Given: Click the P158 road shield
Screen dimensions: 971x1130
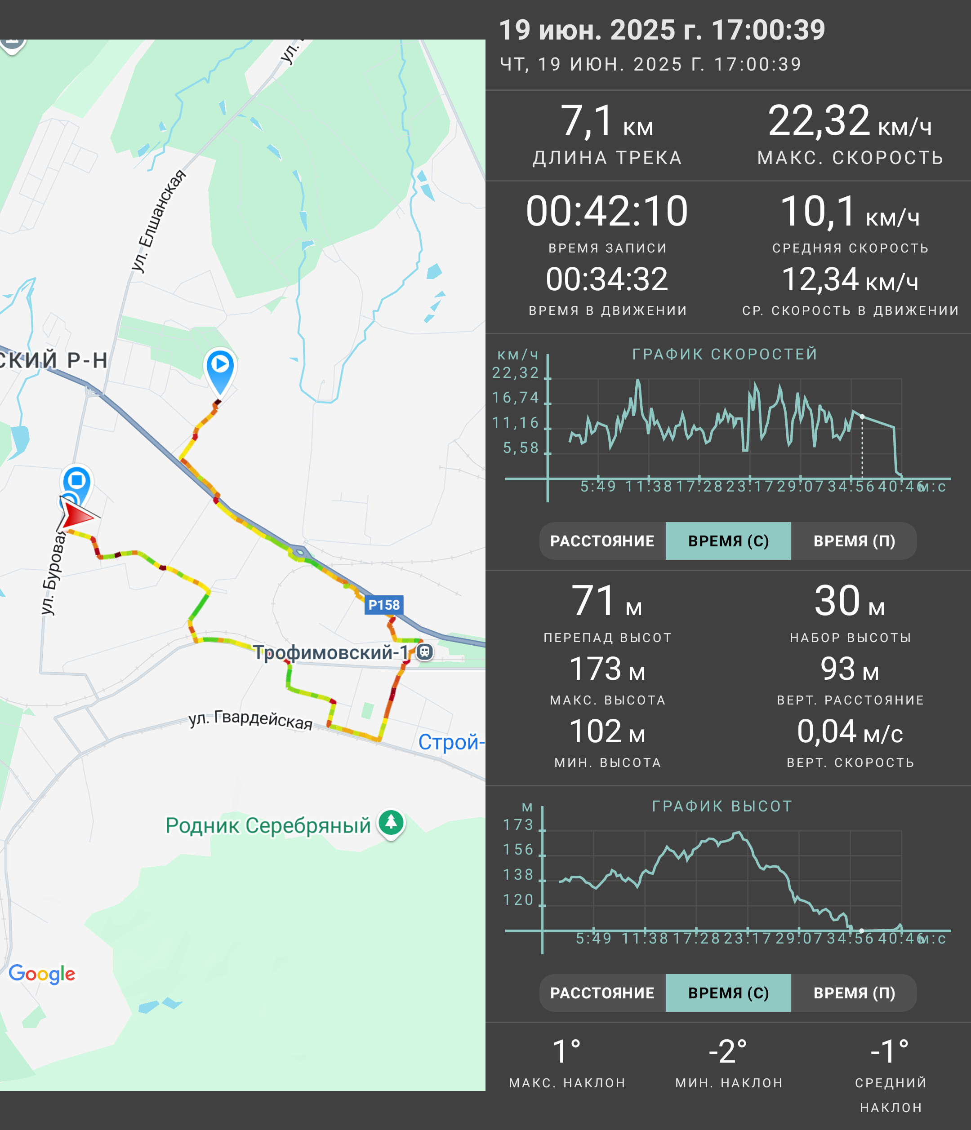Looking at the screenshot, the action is (384, 605).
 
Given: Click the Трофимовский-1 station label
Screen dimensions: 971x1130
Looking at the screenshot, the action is (330, 652).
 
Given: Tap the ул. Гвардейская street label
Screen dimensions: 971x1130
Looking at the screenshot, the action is (250, 719).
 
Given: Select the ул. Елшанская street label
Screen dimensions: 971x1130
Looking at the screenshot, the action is (158, 221).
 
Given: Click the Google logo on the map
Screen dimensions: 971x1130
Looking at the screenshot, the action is (42, 974).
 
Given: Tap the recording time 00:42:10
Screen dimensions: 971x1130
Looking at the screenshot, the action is (606, 211).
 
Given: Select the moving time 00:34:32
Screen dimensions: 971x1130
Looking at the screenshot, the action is (606, 279).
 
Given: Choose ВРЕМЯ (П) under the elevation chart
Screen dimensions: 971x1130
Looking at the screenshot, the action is (854, 993).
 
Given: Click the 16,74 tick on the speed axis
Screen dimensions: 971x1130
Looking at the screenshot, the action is (516, 398).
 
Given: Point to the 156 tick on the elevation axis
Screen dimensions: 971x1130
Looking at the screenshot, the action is (518, 850).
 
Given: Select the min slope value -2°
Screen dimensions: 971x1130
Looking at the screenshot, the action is (728, 1051).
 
